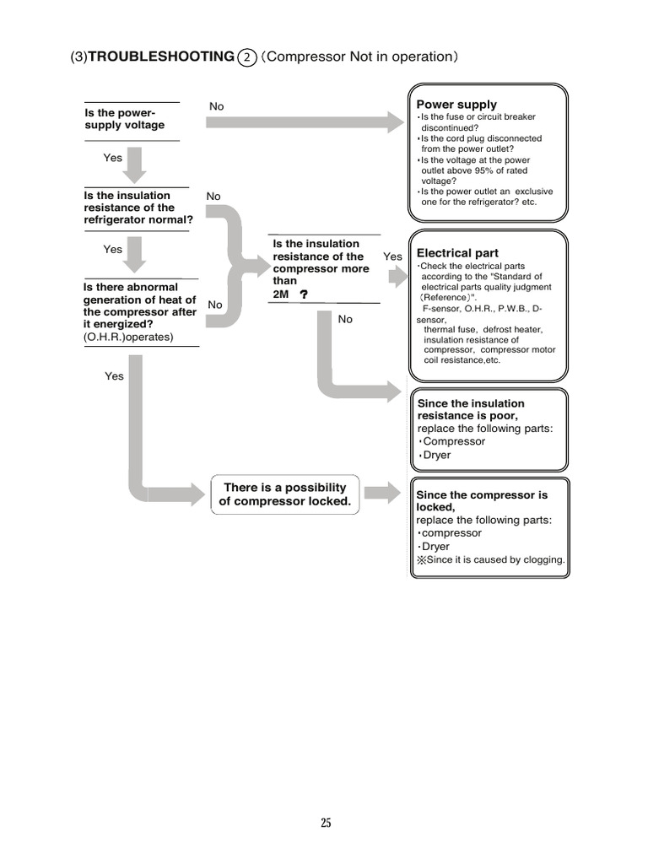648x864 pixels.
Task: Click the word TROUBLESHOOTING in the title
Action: pos(161,57)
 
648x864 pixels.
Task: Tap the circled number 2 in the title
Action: pos(247,57)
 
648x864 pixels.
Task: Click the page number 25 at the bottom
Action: pos(326,823)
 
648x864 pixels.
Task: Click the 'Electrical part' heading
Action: pos(457,253)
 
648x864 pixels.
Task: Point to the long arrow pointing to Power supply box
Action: pos(304,122)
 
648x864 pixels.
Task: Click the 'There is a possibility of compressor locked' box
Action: pos(283,494)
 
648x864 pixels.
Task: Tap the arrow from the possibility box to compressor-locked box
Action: pos(382,494)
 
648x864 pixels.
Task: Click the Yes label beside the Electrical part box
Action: pos(392,256)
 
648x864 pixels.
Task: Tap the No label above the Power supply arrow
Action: pos(217,106)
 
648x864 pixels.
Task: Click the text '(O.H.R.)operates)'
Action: pos(128,337)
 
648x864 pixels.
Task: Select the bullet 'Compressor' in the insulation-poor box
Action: pos(454,441)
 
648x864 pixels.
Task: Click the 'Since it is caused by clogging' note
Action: pos(490,560)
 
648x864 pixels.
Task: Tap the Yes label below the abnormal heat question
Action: pos(114,376)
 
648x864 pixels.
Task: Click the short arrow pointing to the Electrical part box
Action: pos(397,276)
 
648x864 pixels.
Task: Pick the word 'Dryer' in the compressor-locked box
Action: pos(436,547)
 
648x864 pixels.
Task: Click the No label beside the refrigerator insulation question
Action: pos(213,197)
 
